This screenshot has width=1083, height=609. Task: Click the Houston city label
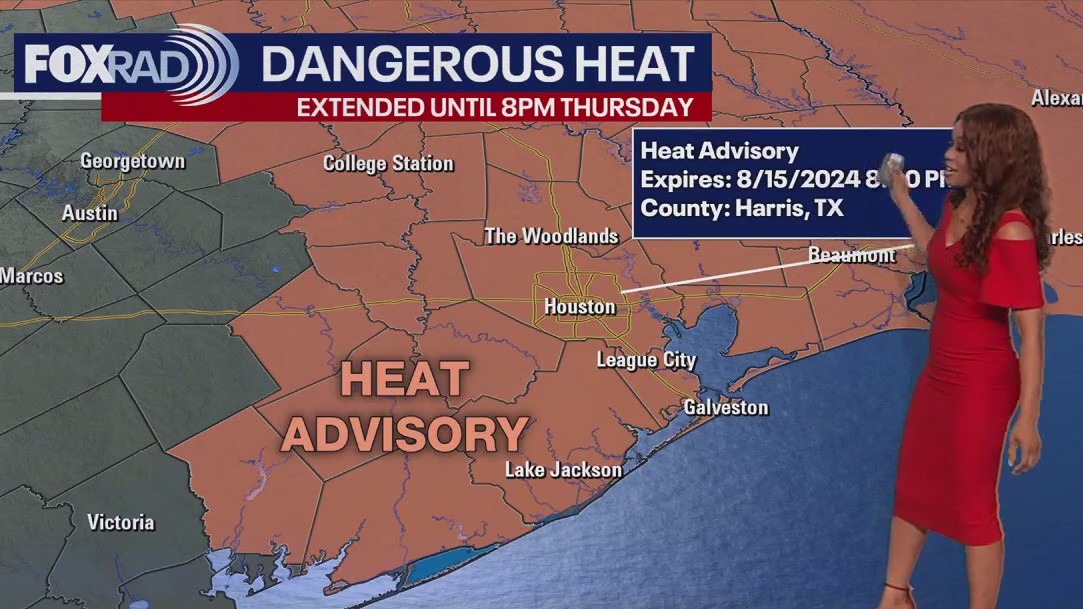[579, 306]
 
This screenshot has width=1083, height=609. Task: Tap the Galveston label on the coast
[726, 407]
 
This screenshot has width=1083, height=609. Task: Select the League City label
[646, 360]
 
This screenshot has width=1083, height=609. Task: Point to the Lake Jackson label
[563, 469]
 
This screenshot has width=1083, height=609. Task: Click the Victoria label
[120, 522]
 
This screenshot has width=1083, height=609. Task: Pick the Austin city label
[89, 213]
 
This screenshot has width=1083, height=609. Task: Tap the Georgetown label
[132, 161]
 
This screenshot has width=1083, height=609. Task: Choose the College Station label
[388, 163]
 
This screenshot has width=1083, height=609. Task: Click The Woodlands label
[551, 236]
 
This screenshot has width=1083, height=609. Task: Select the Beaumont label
[852, 255]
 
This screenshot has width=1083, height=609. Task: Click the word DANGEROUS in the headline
[409, 64]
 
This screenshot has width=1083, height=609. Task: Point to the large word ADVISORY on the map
[404, 434]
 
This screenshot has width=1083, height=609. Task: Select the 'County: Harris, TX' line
[741, 209]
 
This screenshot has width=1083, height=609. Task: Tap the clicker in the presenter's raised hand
[893, 165]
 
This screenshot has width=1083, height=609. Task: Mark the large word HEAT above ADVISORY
[404, 379]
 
